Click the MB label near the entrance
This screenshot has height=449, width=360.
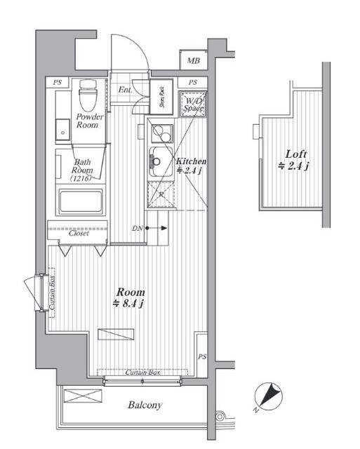(193, 62)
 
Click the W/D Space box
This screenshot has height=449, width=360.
(193, 105)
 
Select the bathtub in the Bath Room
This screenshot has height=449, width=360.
(82, 202)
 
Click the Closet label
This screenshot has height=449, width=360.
(79, 234)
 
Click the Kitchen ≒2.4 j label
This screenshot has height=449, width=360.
(190, 166)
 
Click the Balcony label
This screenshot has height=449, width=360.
(145, 405)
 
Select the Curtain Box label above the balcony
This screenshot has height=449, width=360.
(140, 372)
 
